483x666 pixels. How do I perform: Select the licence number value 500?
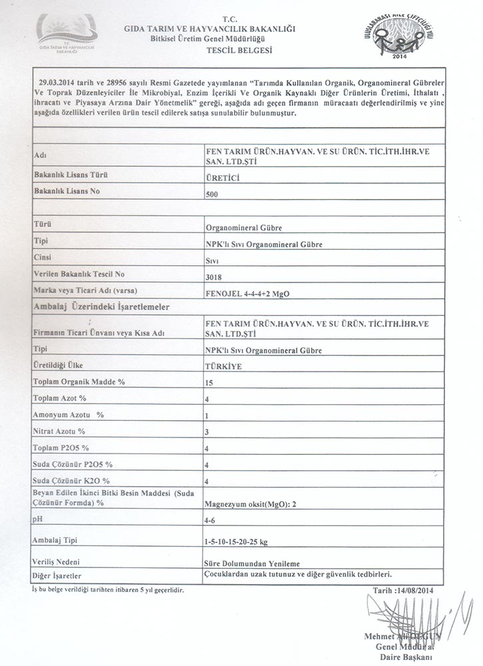tap(213, 195)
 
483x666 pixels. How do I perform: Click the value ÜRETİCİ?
tap(223, 178)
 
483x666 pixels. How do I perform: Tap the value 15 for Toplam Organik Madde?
tap(211, 384)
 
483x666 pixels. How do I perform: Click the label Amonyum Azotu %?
tap(69, 414)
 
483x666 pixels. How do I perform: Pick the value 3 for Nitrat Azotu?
tap(208, 432)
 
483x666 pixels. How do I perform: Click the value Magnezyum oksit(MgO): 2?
tap(250, 504)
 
